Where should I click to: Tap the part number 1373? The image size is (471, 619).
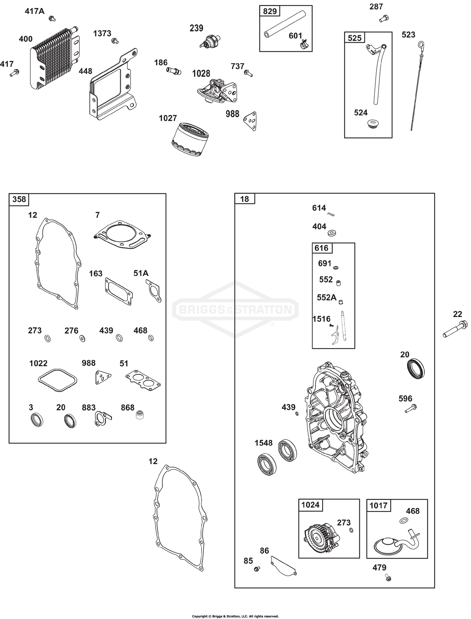click(x=102, y=33)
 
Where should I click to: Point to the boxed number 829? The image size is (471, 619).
click(x=270, y=12)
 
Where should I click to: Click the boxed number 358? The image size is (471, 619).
click(x=19, y=199)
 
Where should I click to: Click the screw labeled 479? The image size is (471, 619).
click(x=388, y=577)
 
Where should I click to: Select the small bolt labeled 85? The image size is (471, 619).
click(x=257, y=569)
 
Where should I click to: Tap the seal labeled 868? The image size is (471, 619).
click(x=138, y=416)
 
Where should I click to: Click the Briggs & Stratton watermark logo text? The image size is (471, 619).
click(x=235, y=310)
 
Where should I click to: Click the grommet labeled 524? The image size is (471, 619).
click(x=373, y=123)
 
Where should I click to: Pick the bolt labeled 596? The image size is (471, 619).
click(x=411, y=408)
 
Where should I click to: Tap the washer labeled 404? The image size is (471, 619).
click(x=332, y=233)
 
